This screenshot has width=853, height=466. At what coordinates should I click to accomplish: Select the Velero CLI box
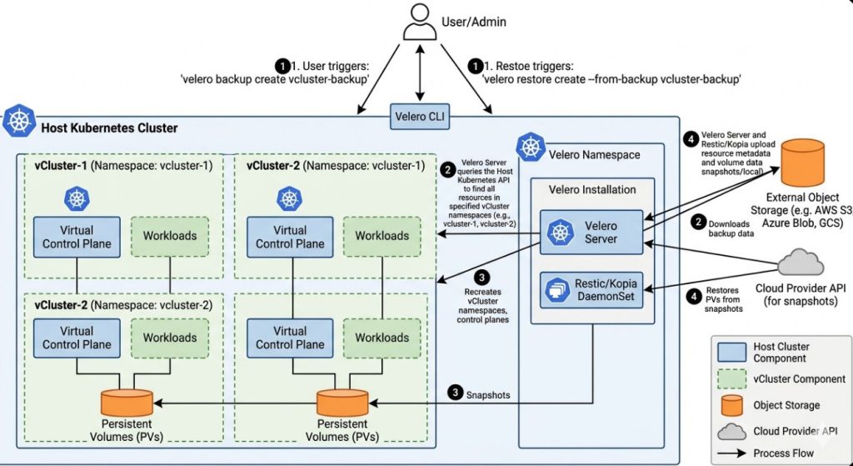(x=422, y=118)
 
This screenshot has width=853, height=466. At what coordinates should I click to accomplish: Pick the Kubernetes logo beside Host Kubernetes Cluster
(x=19, y=122)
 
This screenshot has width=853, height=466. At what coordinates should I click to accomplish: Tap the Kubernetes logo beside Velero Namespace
(x=531, y=148)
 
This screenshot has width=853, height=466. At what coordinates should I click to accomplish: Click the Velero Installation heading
(x=591, y=189)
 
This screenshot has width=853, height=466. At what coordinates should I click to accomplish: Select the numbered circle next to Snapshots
(x=454, y=391)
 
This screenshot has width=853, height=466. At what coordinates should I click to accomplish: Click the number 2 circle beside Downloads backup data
(x=694, y=223)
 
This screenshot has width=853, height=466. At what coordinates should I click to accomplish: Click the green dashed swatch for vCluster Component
(x=731, y=379)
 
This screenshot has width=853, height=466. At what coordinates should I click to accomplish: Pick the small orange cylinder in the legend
(x=731, y=405)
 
